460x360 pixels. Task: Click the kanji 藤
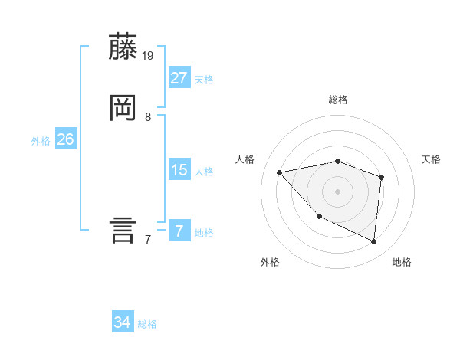coord(123,48)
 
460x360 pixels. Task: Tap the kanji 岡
coord(123,108)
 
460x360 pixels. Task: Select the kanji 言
coord(123,229)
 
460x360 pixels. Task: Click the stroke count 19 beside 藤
coord(149,55)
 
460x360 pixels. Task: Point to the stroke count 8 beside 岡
coord(148,116)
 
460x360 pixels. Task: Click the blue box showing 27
coord(179,77)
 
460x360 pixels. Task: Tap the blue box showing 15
coord(179,169)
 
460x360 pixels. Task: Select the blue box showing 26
coord(66,139)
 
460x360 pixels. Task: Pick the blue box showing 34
coord(123,322)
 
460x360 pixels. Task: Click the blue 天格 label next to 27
coord(204,80)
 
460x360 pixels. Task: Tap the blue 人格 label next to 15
coord(204,172)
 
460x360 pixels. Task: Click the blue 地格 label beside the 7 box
coord(204,233)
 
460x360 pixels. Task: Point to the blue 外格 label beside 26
coord(41,141)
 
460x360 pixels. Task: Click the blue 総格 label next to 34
coord(147,325)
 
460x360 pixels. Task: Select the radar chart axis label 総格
coord(338,100)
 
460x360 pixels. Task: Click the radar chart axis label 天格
coord(431,159)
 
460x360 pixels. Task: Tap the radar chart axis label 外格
coord(270,263)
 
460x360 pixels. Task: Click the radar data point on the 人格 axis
coord(280,172)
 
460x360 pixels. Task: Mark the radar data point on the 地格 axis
coord(374,241)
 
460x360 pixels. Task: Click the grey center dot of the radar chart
coord(338,191)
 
